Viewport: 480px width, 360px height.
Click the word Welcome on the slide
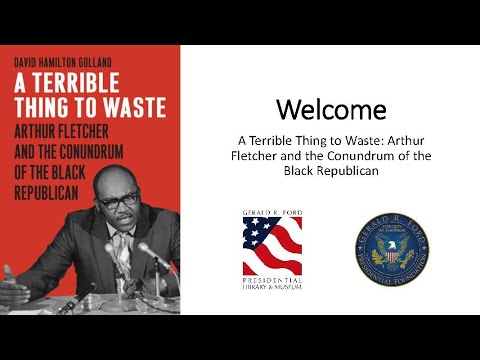329,107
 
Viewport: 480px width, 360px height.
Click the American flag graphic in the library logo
272,247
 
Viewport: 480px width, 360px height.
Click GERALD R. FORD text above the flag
272,214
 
